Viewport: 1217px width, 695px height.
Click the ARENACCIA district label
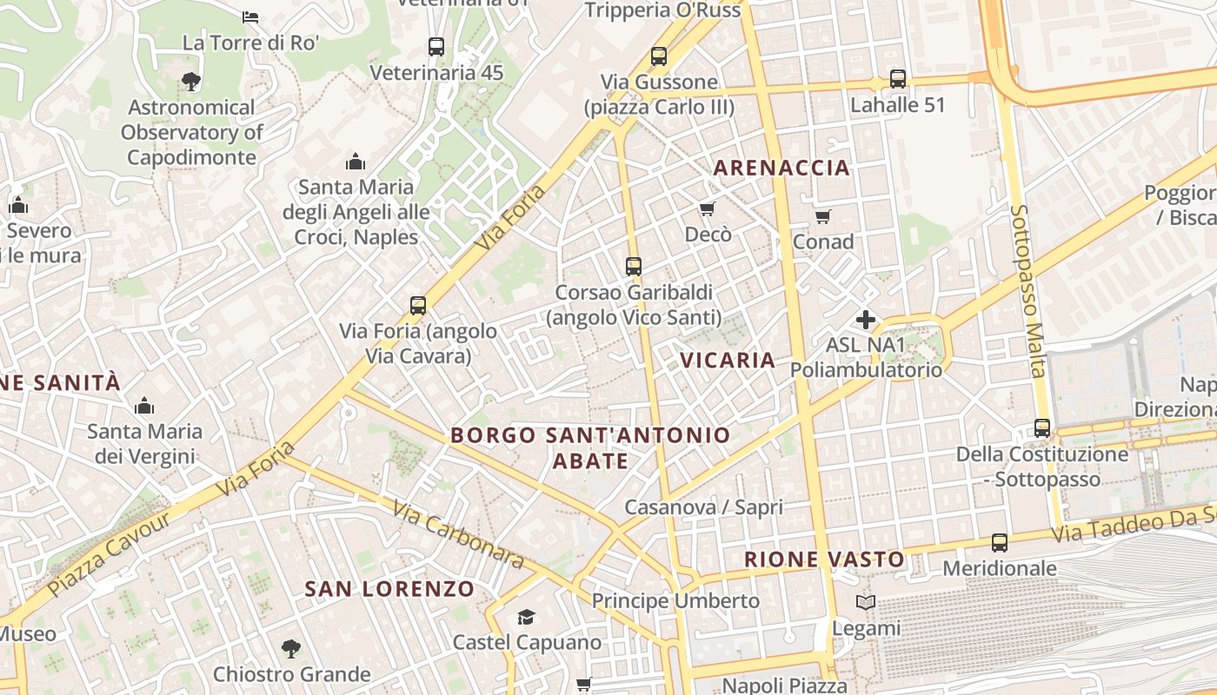click(781, 168)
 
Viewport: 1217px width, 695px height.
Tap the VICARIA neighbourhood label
click(727, 360)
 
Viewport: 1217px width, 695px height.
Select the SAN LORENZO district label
click(389, 589)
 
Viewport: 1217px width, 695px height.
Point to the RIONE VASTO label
click(824, 559)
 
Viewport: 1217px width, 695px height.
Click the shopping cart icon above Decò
click(708, 208)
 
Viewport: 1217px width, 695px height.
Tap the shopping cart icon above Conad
click(822, 215)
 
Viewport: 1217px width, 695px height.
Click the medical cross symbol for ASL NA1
click(866, 320)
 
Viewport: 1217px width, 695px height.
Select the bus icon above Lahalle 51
click(898, 79)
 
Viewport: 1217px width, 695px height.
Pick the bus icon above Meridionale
click(1000, 543)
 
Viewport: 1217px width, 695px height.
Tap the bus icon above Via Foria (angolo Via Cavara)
click(418, 305)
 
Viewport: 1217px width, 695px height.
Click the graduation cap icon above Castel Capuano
click(526, 617)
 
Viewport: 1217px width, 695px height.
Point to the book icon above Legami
click(866, 602)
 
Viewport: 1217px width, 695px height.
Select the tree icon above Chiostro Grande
click(291, 648)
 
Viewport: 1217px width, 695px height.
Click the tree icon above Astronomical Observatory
click(191, 82)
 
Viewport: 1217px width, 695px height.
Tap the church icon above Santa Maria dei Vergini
click(144, 406)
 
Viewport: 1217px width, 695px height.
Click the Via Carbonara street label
click(457, 534)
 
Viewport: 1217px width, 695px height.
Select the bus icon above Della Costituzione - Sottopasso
click(1042, 427)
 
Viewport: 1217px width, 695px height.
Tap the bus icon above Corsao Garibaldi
click(634, 266)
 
